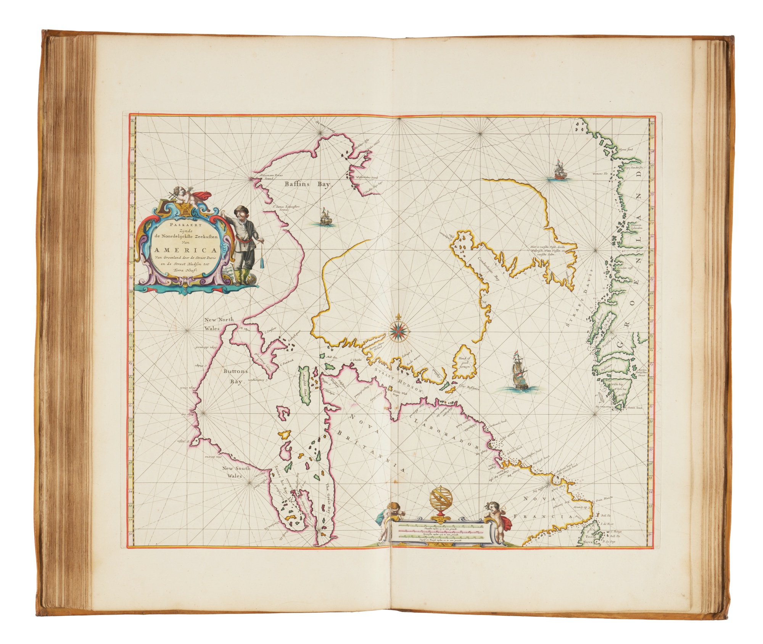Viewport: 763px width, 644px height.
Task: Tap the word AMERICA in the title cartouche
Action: [185, 250]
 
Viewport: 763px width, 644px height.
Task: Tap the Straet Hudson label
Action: [399, 379]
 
